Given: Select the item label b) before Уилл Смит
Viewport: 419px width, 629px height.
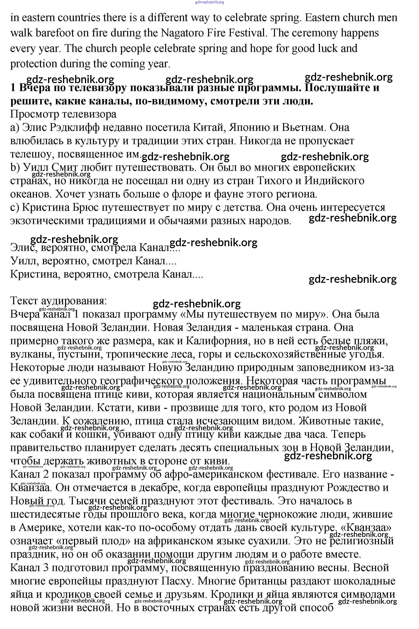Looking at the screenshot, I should [15, 168].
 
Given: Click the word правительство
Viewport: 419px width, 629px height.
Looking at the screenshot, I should [45, 448].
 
